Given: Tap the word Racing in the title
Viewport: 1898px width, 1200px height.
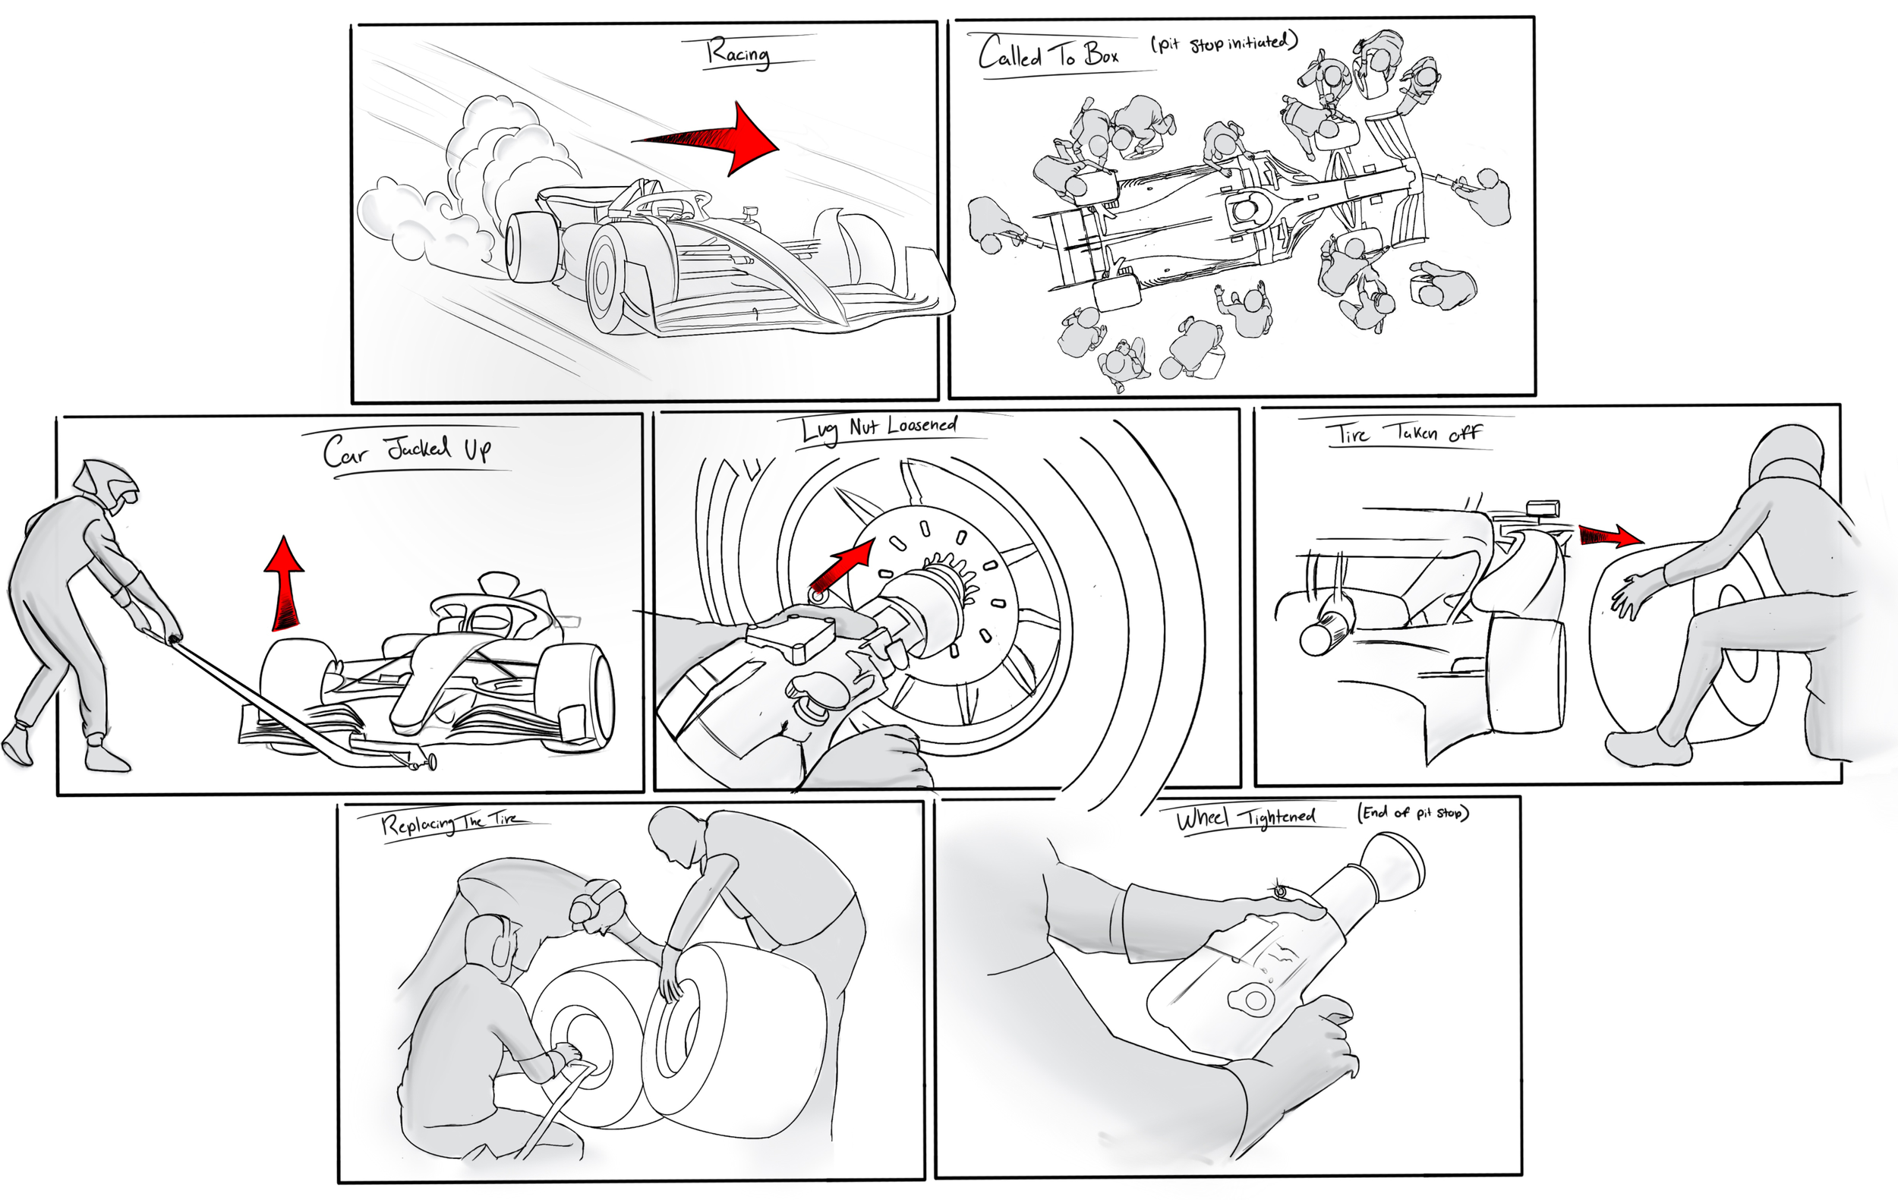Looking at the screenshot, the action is coord(738,54).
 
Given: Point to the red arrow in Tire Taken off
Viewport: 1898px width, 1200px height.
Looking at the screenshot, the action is coord(1611,536).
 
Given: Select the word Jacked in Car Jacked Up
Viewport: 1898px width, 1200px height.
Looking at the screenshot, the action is coord(418,449).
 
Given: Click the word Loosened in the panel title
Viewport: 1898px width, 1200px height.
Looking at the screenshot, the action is coord(922,426).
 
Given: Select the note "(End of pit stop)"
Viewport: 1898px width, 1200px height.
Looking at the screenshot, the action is coord(1412,812).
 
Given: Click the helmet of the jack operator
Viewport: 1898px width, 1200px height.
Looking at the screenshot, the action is coord(106,486).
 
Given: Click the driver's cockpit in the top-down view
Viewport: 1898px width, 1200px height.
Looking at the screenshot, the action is coord(1245,209).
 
